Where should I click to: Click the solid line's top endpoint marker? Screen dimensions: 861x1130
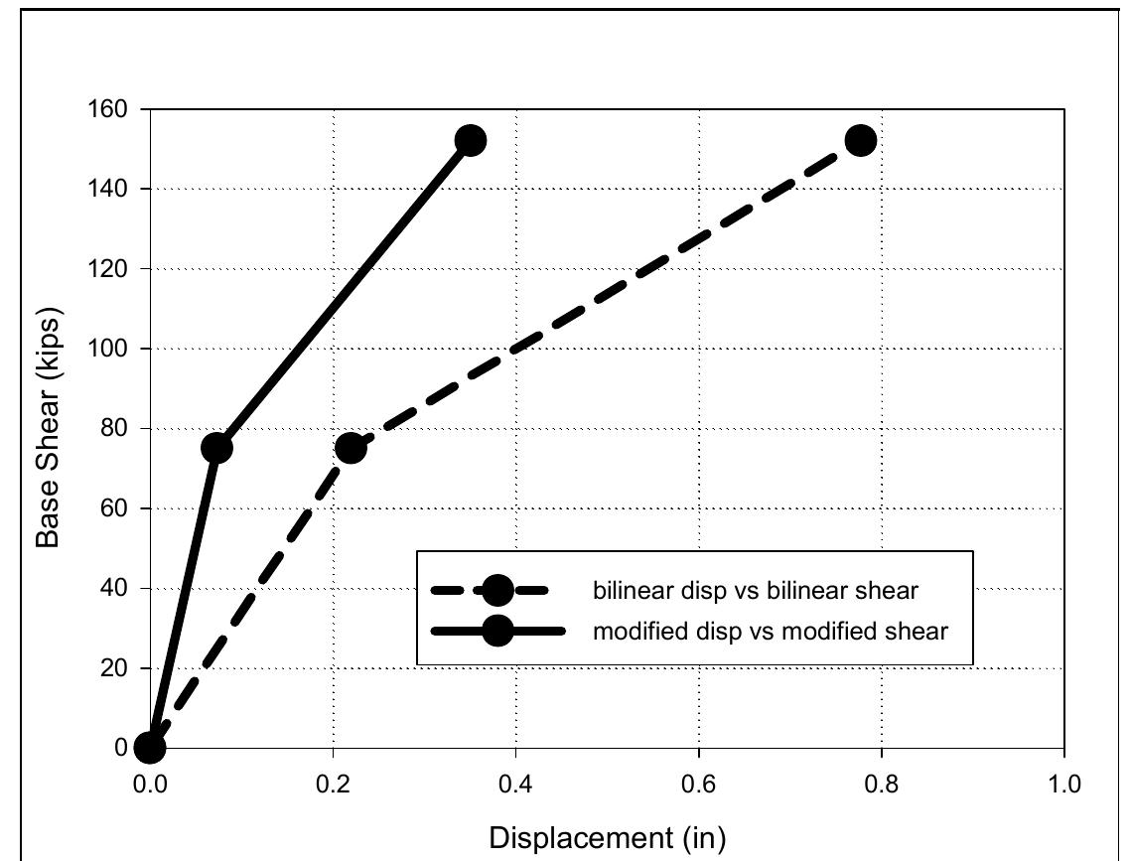471,140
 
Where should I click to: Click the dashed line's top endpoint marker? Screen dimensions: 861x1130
861,140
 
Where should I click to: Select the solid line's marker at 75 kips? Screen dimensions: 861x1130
216,448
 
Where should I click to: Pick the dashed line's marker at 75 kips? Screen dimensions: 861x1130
350,448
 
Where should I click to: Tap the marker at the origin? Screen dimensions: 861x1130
150,747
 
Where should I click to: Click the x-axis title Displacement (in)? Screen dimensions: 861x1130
607,838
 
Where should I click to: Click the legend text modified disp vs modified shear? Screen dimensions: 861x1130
770,631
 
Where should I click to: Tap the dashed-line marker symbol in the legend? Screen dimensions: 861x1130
497,592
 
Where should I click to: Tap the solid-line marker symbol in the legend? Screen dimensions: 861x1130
497,631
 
